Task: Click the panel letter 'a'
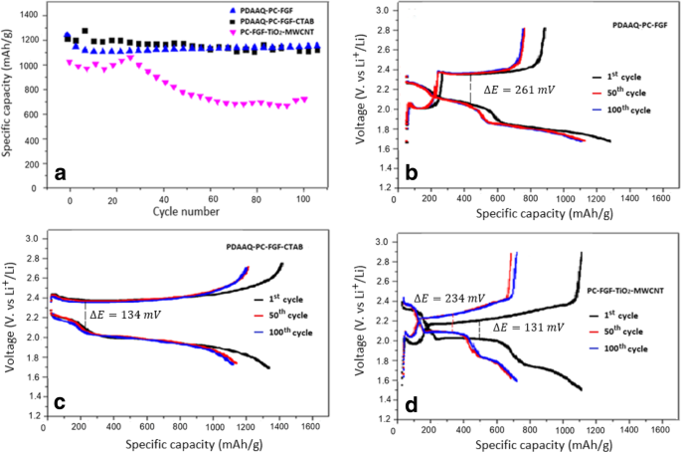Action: pos(61,174)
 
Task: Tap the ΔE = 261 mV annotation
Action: pos(516,89)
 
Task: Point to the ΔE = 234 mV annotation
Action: pos(448,298)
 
